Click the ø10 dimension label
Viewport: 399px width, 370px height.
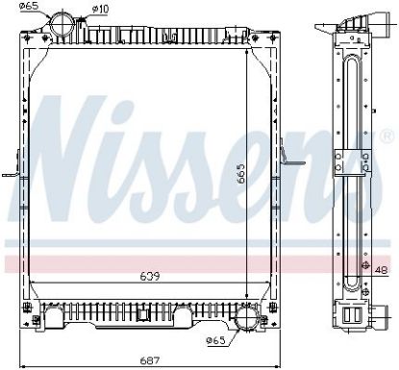click(100, 9)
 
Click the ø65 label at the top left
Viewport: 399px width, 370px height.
click(29, 6)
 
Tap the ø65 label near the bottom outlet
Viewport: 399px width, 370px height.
click(216, 340)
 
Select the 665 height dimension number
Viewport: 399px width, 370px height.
click(240, 174)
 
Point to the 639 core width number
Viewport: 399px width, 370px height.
click(150, 276)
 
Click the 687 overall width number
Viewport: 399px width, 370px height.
click(150, 360)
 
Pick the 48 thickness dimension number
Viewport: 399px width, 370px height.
click(381, 270)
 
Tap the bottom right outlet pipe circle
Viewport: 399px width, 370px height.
click(247, 317)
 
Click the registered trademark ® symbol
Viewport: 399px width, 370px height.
click(386, 136)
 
